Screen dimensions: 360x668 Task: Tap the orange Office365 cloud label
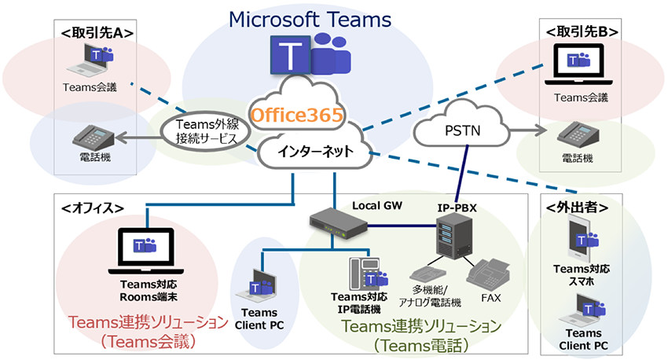tap(297, 116)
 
